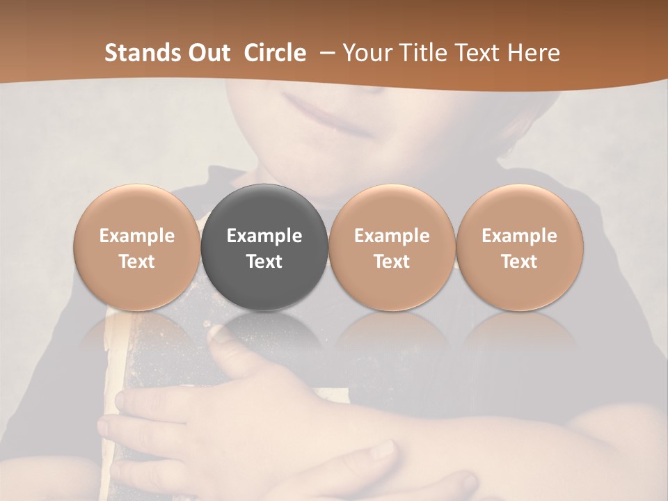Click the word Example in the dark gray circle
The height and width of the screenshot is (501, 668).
coord(264,236)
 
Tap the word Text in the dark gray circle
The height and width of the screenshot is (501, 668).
coord(264,262)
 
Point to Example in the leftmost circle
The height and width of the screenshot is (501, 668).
coord(137,236)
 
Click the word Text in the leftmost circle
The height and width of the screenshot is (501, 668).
coord(137,262)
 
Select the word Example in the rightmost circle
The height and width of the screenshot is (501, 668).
coord(519,236)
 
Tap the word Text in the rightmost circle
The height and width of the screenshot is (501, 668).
coord(519,262)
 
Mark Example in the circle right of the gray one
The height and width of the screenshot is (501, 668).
coord(392,236)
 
